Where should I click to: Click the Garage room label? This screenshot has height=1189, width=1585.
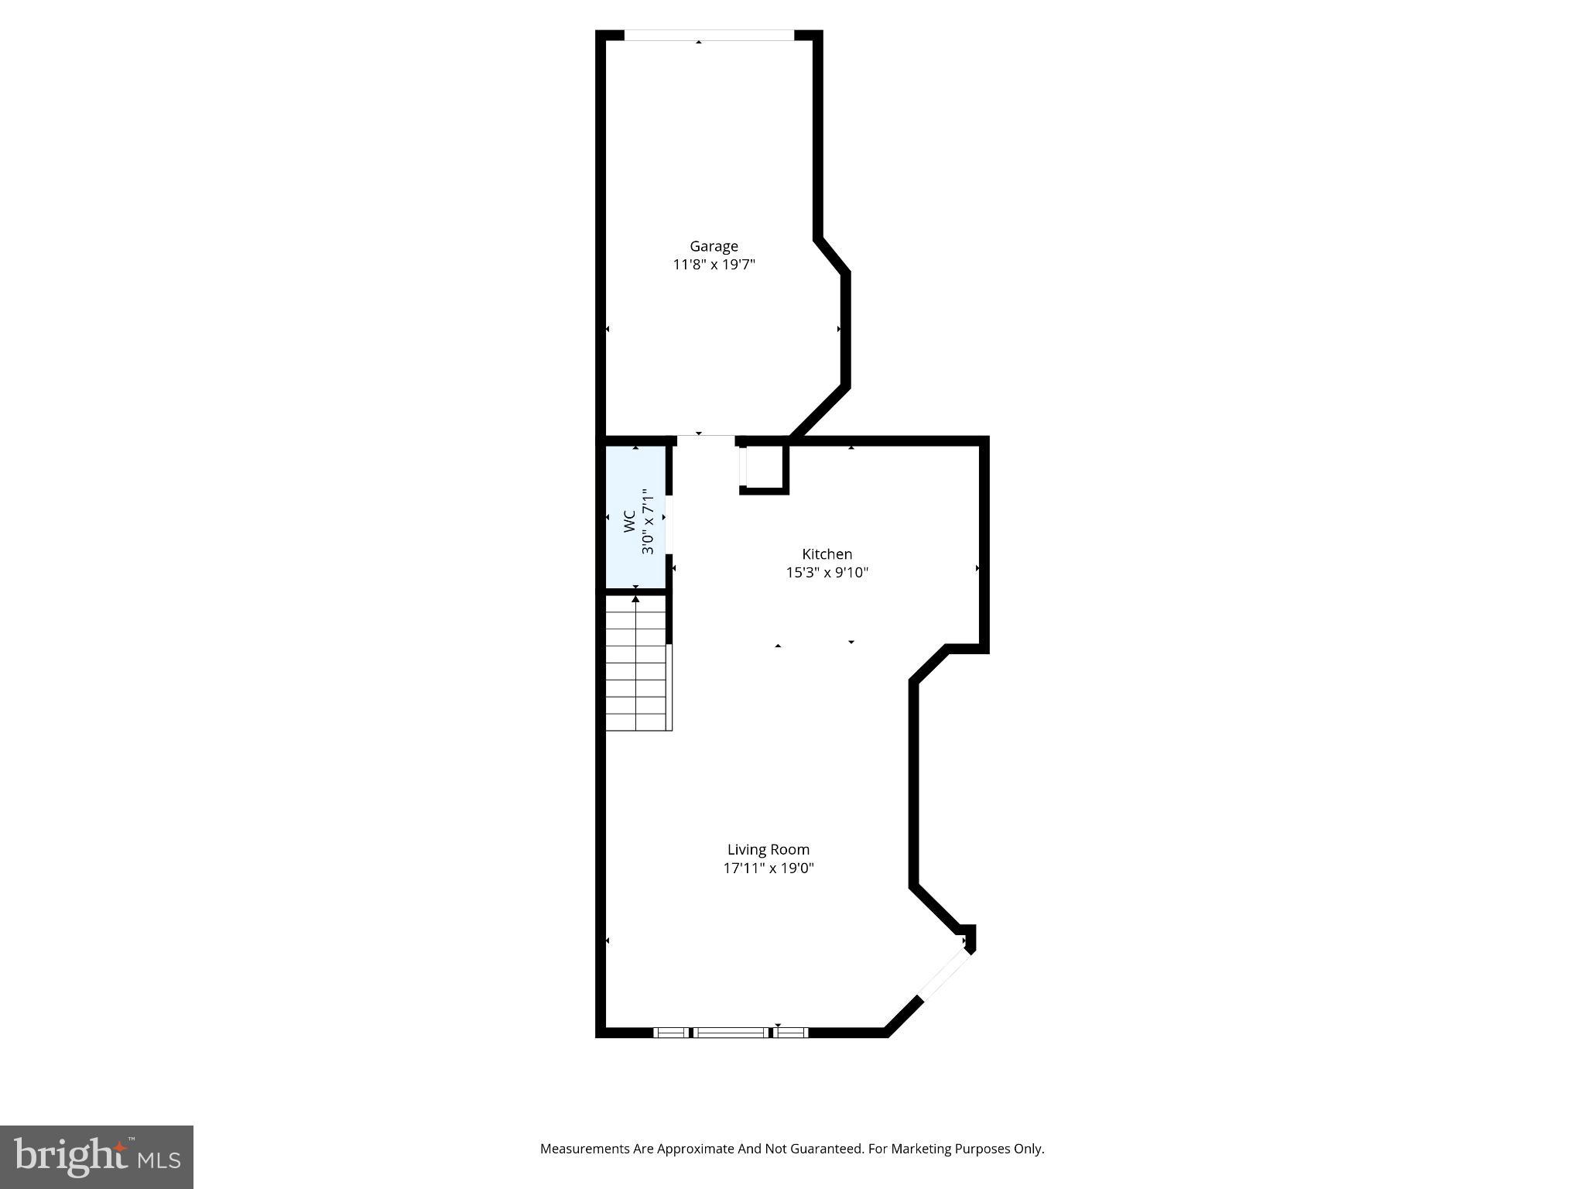point(714,246)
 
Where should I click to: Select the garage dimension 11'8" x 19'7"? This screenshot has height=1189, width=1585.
point(714,265)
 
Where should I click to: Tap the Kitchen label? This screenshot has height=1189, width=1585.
point(827,554)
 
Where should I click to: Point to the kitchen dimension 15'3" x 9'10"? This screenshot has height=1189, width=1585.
point(827,573)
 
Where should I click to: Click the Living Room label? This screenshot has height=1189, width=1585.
point(768,850)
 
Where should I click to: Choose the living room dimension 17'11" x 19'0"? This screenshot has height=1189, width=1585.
point(768,869)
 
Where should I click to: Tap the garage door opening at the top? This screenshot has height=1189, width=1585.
point(708,35)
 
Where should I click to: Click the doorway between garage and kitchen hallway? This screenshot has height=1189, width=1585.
point(706,440)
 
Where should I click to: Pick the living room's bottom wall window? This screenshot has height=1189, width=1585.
point(731,1032)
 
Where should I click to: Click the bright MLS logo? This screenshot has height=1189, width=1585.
point(97,1157)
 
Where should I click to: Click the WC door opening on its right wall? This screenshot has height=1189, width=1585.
point(669,525)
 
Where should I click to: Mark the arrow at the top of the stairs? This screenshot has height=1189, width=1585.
point(636,598)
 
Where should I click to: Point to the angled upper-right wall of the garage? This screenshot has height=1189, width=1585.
point(832,255)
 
